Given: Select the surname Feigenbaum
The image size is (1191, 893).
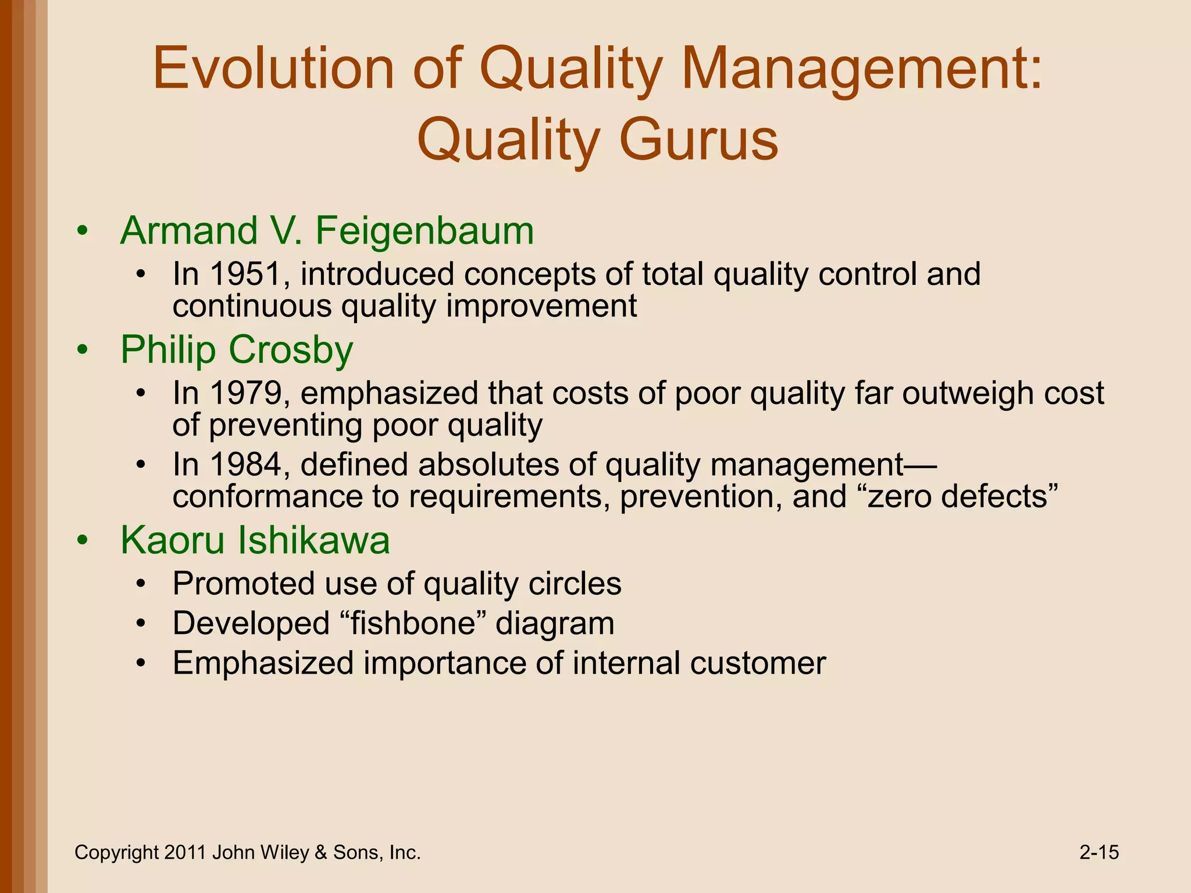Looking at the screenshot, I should pos(425,231).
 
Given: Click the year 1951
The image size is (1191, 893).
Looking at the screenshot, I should pos(245,274).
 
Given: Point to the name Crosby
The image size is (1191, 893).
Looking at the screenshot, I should pos(291,350).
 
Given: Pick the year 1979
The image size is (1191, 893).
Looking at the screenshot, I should pos(245,393).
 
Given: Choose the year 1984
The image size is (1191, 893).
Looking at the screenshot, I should pos(245,465).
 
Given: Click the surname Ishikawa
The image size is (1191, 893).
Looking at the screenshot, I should pos(314,540).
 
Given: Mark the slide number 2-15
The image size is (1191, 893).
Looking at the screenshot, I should pos(1099,852).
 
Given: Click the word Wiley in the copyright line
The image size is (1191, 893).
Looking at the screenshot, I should pos(285,852).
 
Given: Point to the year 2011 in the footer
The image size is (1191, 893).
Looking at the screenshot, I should pos(185,852).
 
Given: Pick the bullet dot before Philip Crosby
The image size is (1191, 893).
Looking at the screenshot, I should pos(83,350).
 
